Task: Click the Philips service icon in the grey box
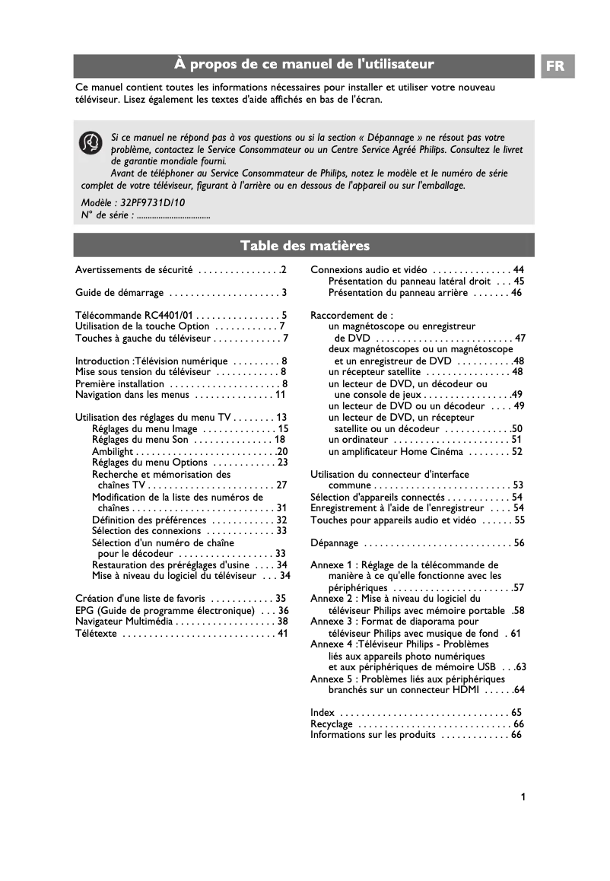tap(91, 142)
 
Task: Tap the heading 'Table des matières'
tap(304, 245)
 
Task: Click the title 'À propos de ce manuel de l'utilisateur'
tap(304, 65)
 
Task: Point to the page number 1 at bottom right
tap(523, 797)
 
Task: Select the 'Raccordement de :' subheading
tap(351, 315)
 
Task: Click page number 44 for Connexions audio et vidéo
tap(518, 270)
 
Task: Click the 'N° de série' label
tap(107, 215)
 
